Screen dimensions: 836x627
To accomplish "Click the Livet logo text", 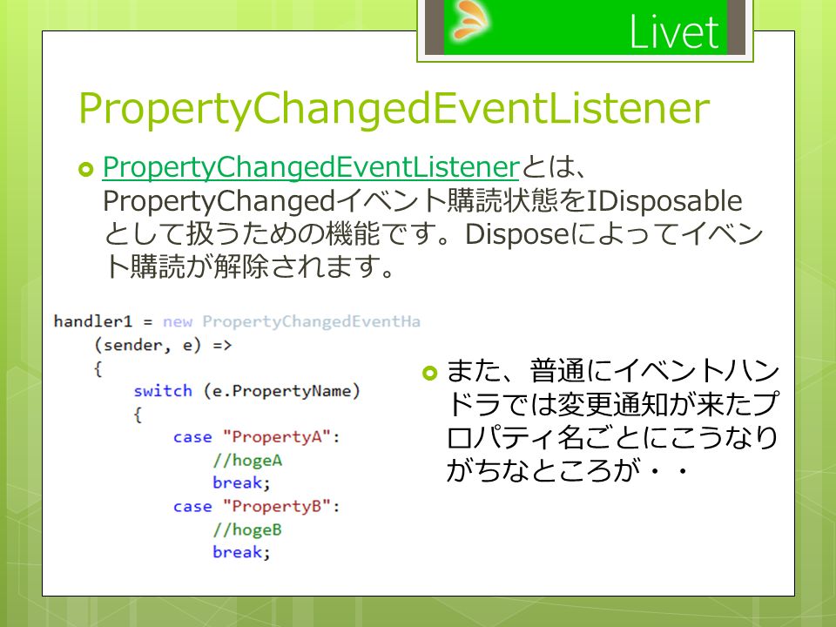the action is point(674,32).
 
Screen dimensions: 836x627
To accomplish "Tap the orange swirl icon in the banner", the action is point(470,19).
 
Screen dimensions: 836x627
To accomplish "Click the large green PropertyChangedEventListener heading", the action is point(394,109).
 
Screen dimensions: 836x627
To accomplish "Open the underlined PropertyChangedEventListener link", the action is point(311,167).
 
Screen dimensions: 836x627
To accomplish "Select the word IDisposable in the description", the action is point(664,201).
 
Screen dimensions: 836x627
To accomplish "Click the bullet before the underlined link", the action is point(86,170).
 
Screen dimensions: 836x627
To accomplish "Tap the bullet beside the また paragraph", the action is point(429,373).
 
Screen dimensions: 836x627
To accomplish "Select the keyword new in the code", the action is point(177,322).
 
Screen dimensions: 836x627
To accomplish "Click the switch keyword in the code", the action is point(163,391).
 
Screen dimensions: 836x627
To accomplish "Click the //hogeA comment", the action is point(247,460).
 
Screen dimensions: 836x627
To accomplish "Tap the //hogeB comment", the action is point(247,529).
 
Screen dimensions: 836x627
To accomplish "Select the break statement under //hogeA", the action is point(241,482).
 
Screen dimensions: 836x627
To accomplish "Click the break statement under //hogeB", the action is point(241,552).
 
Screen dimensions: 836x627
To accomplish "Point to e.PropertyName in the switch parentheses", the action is point(281,391).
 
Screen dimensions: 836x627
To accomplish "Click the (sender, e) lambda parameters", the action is point(148,345).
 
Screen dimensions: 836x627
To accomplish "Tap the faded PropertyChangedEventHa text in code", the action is point(312,322).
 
